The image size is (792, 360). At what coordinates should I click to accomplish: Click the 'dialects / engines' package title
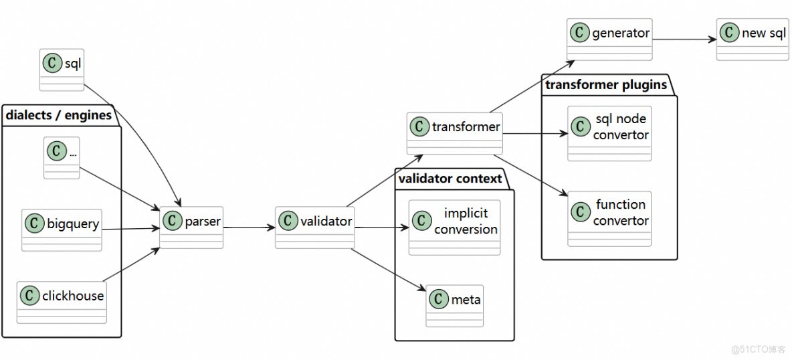[x=59, y=115]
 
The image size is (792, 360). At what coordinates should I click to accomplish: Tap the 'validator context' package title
[x=450, y=179]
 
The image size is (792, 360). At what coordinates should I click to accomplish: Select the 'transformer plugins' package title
[x=605, y=84]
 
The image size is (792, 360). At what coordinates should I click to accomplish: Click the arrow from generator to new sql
[x=684, y=39]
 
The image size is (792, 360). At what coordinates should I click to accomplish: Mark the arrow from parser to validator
[x=249, y=228]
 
